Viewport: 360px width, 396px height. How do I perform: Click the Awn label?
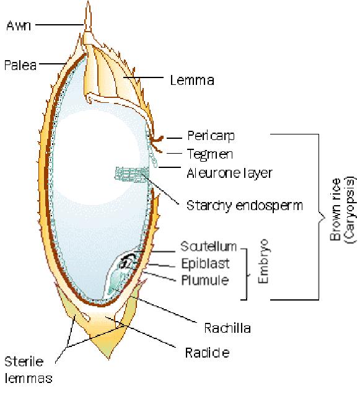coord(17,25)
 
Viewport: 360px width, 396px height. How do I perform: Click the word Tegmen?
coord(207,153)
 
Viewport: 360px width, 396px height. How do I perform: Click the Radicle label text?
coord(208,353)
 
